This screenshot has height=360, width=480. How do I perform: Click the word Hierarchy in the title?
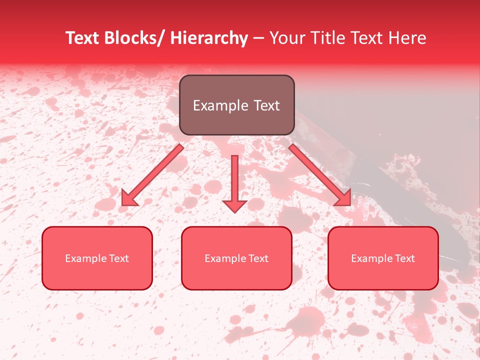coord(208,38)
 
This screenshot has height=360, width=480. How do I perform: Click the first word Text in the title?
coord(83,38)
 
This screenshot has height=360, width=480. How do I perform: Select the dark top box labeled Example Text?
coord(236,105)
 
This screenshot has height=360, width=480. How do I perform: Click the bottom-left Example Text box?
coord(97,258)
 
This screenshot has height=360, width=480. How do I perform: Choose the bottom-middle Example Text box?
coord(236,258)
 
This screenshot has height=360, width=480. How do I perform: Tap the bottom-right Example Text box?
coord(383,258)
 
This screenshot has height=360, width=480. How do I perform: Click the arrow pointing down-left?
coord(152,175)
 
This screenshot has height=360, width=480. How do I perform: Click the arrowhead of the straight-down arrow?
coord(234,205)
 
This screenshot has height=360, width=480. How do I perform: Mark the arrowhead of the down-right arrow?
coord(344,198)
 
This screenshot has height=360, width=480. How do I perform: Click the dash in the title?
coord(258,38)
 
